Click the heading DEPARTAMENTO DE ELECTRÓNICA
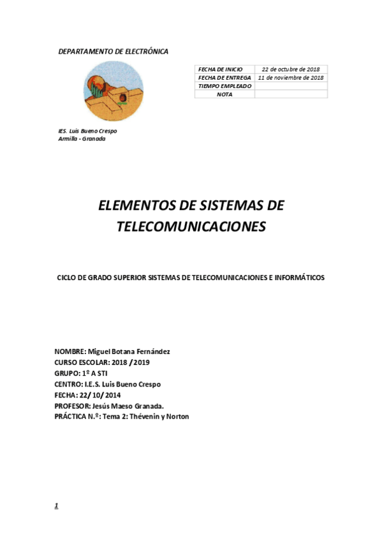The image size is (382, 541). [x=113, y=51]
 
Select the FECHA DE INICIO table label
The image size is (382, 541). [x=221, y=69]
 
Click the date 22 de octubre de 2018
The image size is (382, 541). [x=291, y=69]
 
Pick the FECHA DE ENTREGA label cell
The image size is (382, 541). [x=224, y=77]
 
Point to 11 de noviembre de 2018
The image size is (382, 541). [x=291, y=77]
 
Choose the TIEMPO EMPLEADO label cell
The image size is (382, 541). [x=224, y=85]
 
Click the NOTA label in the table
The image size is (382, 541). [x=224, y=94]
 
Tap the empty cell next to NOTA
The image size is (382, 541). [x=291, y=94]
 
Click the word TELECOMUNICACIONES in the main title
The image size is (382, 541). [x=191, y=226]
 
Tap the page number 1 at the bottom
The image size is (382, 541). [x=56, y=506]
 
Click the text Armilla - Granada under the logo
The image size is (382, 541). [x=82, y=138]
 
